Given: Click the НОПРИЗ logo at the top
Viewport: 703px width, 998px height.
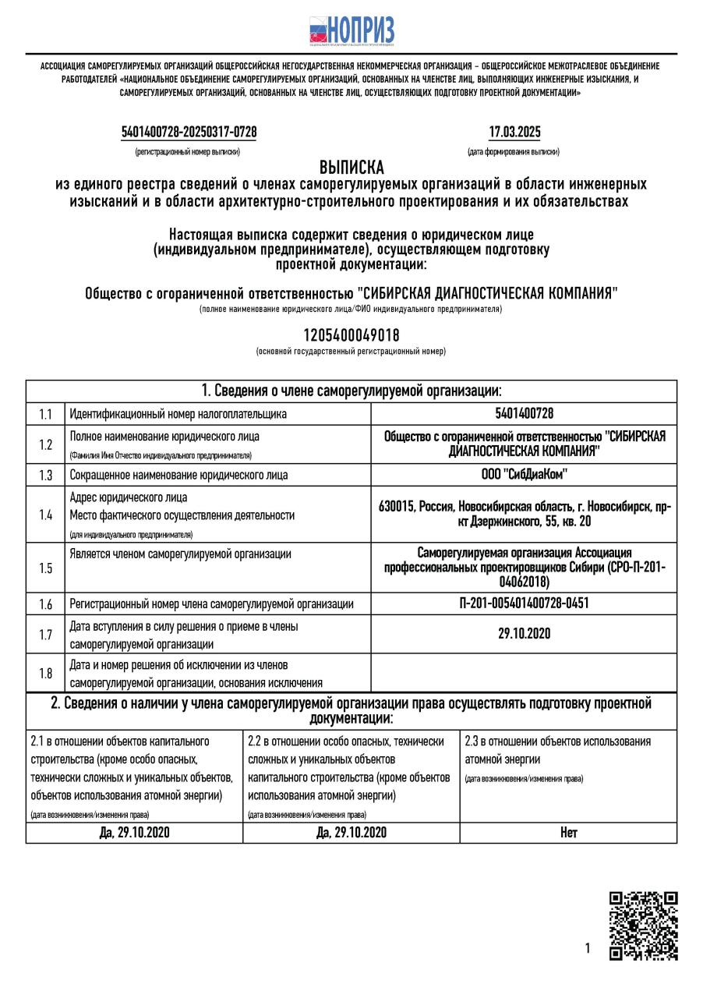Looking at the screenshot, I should [x=351, y=32].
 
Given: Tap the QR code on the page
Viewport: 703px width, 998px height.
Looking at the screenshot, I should [x=643, y=925].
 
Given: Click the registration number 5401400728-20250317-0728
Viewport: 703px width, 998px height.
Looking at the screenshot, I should [x=189, y=133].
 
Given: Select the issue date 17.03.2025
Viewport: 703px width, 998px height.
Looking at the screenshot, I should [x=514, y=133].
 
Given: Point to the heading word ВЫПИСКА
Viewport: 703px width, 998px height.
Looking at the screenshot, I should [x=351, y=168].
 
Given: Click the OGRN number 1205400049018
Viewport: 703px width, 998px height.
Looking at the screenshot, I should [x=351, y=335].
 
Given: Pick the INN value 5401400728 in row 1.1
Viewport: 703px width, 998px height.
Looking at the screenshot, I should [x=524, y=413].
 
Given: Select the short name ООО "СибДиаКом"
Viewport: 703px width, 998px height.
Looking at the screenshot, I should [x=524, y=474].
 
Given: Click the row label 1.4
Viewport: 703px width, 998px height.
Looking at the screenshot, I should [x=46, y=515].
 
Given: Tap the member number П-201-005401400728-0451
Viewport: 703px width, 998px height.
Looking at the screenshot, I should [x=524, y=603].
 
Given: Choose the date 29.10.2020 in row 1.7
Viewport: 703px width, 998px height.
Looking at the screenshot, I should [x=524, y=633].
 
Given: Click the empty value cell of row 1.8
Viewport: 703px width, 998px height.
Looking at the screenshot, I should [x=524, y=672].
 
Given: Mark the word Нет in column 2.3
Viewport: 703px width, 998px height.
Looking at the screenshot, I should [x=568, y=833].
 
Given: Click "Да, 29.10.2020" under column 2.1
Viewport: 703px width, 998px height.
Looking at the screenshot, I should [x=134, y=833].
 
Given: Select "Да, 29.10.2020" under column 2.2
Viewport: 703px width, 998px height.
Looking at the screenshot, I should [x=351, y=833].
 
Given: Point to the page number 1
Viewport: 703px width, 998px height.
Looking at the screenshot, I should [x=587, y=948].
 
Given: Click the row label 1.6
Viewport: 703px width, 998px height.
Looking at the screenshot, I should [x=46, y=603].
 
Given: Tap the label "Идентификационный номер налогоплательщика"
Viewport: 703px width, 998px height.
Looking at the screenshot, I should [x=178, y=413].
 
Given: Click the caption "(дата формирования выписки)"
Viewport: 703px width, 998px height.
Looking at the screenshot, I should [x=514, y=151].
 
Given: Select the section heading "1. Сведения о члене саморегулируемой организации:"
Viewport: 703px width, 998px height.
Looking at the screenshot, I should [x=351, y=391].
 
